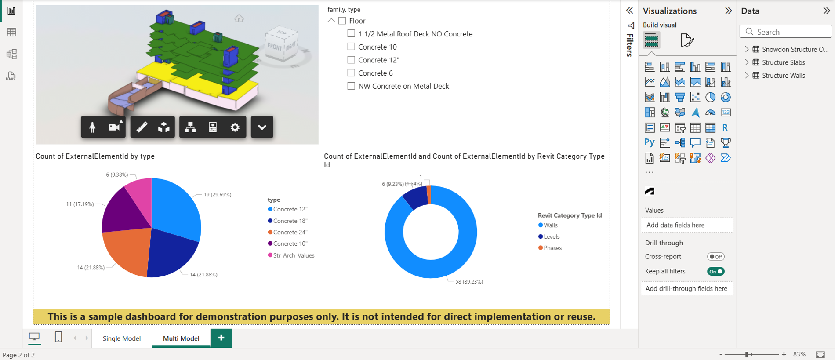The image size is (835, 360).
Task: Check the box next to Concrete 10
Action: point(351,47)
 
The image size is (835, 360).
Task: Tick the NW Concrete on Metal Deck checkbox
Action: point(351,86)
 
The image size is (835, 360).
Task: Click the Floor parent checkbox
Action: point(342,21)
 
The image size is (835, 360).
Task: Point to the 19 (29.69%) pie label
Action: point(218,195)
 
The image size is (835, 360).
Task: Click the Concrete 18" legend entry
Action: point(288,221)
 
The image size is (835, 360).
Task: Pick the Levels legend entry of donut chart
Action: point(549,236)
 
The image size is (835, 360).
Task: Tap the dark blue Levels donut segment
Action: point(415,197)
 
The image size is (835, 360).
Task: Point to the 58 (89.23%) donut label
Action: point(469,282)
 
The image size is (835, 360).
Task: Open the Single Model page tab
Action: point(122,338)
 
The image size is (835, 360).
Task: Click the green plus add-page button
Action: point(221,338)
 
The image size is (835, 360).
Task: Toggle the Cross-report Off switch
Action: point(716,257)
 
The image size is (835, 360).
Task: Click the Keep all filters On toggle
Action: point(716,272)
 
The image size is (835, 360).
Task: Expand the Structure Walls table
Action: point(747,75)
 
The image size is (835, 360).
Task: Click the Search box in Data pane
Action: point(786,32)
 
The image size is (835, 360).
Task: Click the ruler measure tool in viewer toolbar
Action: point(142,127)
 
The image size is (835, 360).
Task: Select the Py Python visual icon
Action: point(650,142)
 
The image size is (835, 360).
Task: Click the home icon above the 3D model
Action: point(239,18)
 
